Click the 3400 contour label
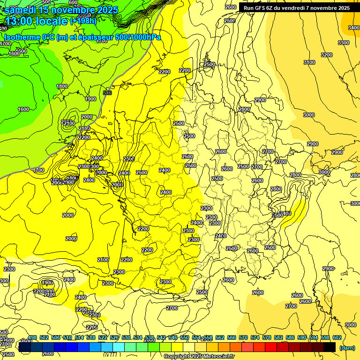click(354, 28)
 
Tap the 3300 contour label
click(344, 43)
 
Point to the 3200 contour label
click(326, 55)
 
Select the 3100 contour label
click(309, 62)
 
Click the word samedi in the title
click(21, 9)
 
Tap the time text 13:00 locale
click(37, 21)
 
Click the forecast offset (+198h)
click(83, 21)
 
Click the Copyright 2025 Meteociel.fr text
click(199, 356)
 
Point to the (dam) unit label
click(347, 347)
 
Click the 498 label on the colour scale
click(32, 337)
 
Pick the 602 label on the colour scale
click(337, 337)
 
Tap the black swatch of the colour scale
click(330, 347)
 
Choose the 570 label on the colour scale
click(243, 337)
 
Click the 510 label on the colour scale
click(67, 337)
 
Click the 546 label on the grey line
click(107, 93)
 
